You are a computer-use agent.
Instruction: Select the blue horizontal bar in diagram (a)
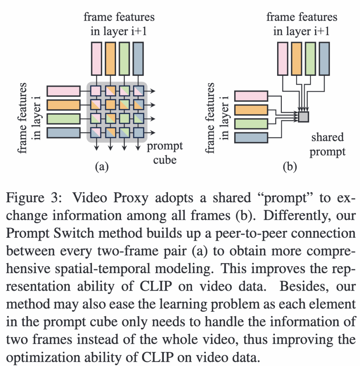64,133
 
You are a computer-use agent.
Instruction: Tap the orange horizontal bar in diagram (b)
251,110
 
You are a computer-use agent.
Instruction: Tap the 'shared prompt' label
327,144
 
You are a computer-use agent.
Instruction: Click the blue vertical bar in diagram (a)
138,58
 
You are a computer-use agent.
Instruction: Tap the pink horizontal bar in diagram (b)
251,96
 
